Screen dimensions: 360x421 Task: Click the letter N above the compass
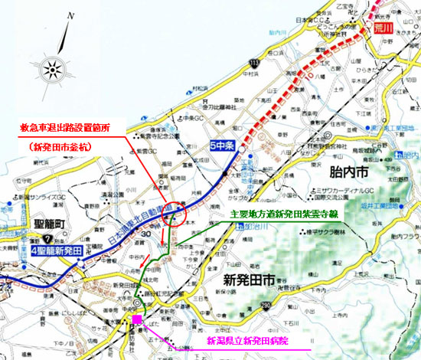click(70, 15)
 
